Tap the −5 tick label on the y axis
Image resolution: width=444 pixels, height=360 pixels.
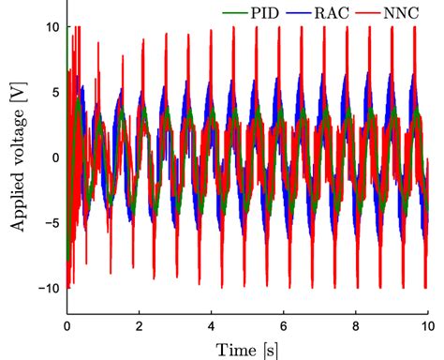tap(50, 222)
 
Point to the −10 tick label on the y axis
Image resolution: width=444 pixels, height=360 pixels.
tap(46, 287)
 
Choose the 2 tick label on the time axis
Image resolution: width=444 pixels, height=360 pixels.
tap(140, 328)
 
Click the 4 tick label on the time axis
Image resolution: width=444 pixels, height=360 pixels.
tap(212, 328)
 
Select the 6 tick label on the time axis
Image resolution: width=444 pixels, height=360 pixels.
tap(284, 328)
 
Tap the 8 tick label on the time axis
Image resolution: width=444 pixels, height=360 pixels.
tap(356, 328)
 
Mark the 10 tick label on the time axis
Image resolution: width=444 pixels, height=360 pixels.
tap(428, 328)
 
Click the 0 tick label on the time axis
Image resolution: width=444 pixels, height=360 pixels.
tap(67, 328)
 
